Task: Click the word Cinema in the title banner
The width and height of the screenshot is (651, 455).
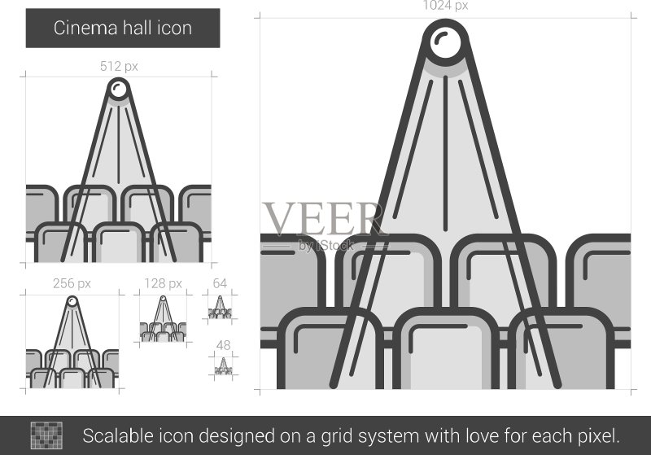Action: pyautogui.click(x=85, y=28)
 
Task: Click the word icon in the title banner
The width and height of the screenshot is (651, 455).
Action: pyautogui.click(x=175, y=28)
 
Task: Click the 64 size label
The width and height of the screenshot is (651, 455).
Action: pyautogui.click(x=220, y=283)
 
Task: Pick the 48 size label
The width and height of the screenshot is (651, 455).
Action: pyautogui.click(x=223, y=345)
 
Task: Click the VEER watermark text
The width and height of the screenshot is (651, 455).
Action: pyautogui.click(x=323, y=218)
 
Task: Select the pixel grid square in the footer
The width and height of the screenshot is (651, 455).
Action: pyautogui.click(x=46, y=435)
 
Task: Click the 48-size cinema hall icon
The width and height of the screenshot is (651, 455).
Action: pyautogui.click(x=223, y=366)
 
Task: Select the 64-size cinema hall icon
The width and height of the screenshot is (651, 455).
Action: pyautogui.click(x=220, y=307)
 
